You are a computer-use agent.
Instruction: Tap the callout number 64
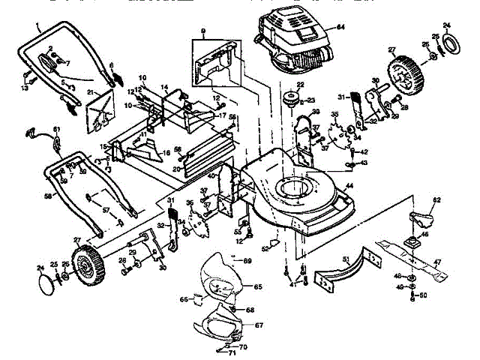pyautogui.click(x=340, y=28)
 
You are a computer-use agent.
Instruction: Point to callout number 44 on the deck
pyautogui.click(x=349, y=185)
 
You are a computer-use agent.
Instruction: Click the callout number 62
pyautogui.click(x=437, y=200)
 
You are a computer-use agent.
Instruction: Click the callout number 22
pyautogui.click(x=299, y=85)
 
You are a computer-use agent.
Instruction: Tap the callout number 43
pyautogui.click(x=364, y=163)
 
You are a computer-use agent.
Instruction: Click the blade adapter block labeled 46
pyautogui.click(x=412, y=241)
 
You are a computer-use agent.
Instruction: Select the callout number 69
pyautogui.click(x=247, y=260)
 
